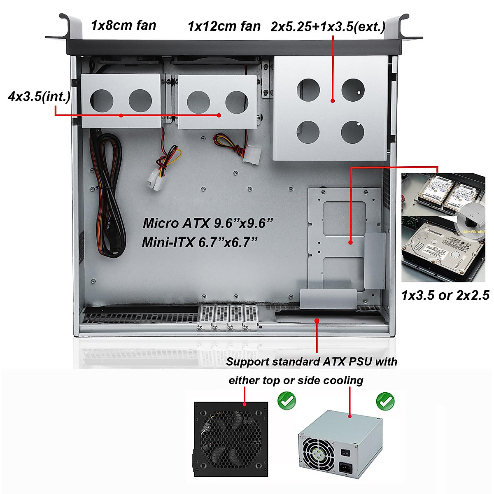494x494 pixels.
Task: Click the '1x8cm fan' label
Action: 123,26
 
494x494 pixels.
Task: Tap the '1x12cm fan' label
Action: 224,26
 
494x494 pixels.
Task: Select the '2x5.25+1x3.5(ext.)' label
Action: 328,27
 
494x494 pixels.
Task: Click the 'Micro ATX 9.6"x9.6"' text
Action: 208,223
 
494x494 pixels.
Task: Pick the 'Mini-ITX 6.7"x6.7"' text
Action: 200,242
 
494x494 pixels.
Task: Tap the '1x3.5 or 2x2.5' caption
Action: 445,295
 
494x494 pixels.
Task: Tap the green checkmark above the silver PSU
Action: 385,401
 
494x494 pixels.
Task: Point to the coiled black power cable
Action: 107,193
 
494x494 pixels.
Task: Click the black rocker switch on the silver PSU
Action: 347,453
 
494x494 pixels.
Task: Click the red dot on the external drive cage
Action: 332,101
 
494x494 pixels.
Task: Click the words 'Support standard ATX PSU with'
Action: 312,362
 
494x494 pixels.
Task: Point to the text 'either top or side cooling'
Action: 296,380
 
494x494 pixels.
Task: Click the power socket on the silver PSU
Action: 345,468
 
